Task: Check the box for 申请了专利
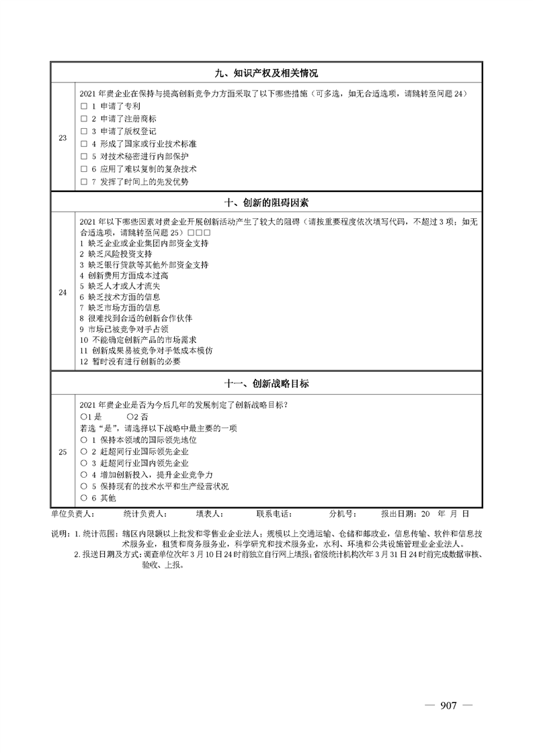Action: coord(84,106)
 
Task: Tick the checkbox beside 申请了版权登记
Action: coord(84,132)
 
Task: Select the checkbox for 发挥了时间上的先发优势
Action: coord(84,182)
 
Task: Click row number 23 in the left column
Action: coord(63,138)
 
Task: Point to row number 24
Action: coord(63,293)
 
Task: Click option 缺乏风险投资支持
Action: coord(116,254)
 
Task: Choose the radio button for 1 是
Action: coord(83,417)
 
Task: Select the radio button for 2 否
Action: coord(130,417)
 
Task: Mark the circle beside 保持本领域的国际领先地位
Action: coord(84,440)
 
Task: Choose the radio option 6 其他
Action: coord(84,498)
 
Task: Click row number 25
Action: coord(63,452)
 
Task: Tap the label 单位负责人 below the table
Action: coord(73,514)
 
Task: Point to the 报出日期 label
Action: coord(399,514)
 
